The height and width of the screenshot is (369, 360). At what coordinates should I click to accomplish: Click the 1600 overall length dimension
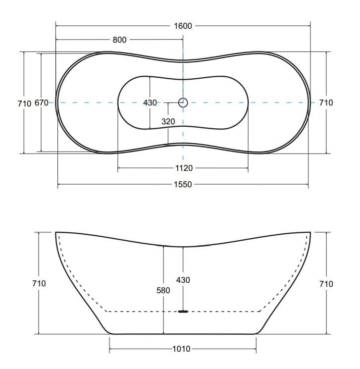(x=183, y=26)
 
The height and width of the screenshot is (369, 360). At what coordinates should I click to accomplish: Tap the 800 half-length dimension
(x=119, y=40)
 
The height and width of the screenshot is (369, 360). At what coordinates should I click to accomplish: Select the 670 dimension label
(x=42, y=103)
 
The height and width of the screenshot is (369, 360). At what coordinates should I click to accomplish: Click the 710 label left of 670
(x=24, y=104)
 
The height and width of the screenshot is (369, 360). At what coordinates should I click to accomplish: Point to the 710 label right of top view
(x=326, y=103)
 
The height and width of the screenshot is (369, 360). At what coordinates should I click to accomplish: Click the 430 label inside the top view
(x=150, y=103)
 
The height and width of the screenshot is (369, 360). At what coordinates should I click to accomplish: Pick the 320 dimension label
(x=168, y=121)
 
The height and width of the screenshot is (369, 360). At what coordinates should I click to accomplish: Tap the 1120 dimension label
(x=184, y=168)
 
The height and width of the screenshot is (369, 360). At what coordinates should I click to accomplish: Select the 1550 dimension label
(x=183, y=184)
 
